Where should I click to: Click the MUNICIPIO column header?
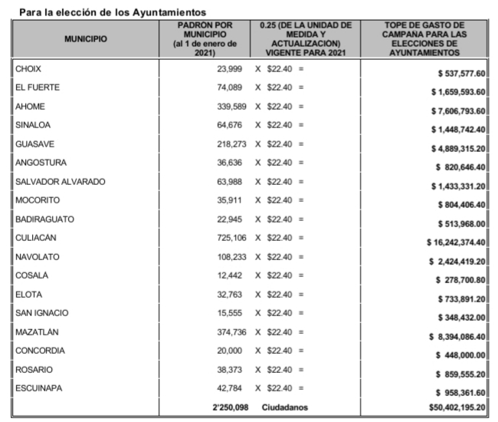[x=86, y=38]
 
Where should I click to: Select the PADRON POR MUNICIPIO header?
[x=205, y=38]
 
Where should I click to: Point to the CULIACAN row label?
[x=36, y=238]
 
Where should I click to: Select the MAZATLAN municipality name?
[x=38, y=332]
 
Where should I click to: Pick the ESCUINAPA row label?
[x=39, y=388]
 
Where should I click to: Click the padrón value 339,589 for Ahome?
[x=234, y=107]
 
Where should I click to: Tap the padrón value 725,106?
[x=234, y=238]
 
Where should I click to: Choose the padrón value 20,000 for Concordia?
[x=237, y=351]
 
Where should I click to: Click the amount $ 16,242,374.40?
[x=457, y=242]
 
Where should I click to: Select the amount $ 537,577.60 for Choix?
[x=459, y=74]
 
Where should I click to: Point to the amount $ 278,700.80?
[x=461, y=280]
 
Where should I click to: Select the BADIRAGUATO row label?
[x=44, y=219]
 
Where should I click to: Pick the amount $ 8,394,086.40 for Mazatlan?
[x=458, y=336]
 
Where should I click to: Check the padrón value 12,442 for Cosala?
[x=237, y=275]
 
